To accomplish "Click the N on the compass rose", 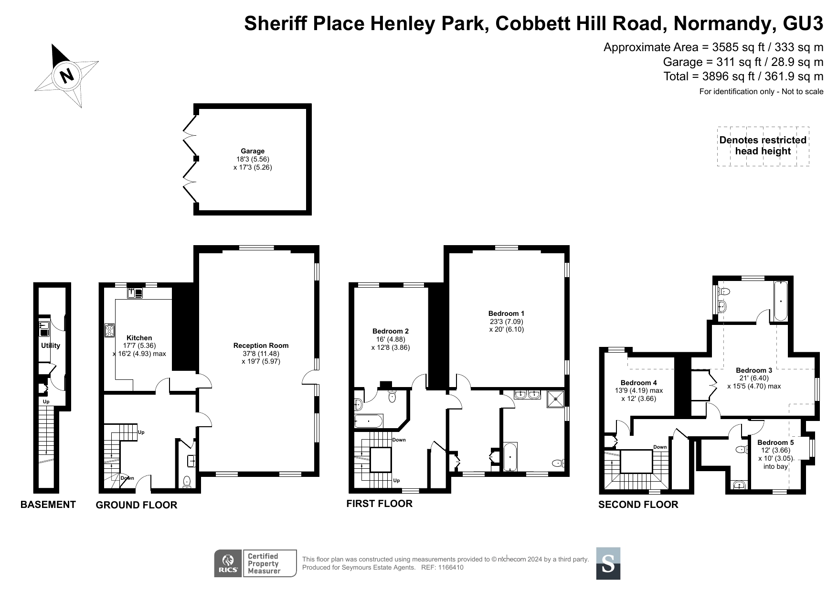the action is click(67, 75).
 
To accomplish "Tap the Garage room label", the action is click(253, 151).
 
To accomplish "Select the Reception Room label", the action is click(261, 345).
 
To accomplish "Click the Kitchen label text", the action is click(139, 338).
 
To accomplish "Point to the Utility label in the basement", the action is click(51, 345).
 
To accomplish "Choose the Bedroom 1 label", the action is click(506, 313).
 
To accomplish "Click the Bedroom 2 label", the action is click(391, 331).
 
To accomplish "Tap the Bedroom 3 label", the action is click(754, 370).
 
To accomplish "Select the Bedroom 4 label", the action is click(639, 383).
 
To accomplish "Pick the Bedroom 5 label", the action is click(775, 442).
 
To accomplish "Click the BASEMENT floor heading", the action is click(48, 505).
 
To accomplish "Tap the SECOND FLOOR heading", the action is click(638, 505).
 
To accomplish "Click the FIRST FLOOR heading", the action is click(379, 503).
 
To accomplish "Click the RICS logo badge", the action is click(228, 563).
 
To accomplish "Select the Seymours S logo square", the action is click(608, 563).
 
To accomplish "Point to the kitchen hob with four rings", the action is click(110, 330).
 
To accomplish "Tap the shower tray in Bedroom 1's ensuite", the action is click(555, 399).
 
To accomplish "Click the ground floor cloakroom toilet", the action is click(187, 482).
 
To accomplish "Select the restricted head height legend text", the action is click(763, 146).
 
